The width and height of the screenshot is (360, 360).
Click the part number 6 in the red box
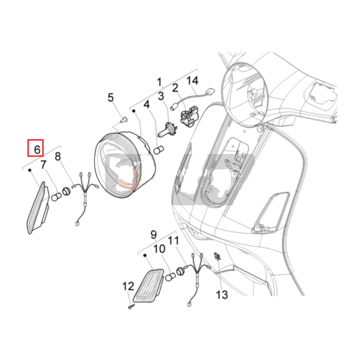37,150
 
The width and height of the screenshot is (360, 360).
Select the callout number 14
192,81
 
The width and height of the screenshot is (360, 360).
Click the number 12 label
128,286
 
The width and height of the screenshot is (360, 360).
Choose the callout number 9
154,234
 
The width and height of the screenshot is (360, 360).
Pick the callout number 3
161,96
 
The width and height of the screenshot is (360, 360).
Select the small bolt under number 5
124,119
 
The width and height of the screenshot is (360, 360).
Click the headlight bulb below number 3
167,131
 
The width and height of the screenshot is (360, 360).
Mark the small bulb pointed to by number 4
158,150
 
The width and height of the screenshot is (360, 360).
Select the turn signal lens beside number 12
148,286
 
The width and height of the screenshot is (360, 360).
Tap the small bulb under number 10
170,277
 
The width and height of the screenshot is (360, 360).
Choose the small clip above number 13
217,256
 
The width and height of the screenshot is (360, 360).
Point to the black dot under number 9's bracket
145,255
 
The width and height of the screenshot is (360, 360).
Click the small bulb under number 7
57,197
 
